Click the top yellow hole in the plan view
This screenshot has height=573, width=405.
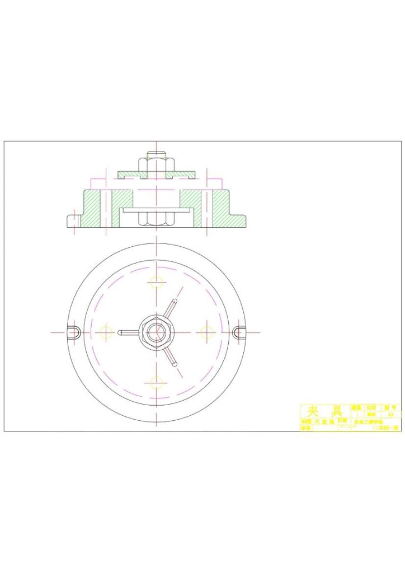157,281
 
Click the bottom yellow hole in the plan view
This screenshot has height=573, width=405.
157,383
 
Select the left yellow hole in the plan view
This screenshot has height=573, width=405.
105,332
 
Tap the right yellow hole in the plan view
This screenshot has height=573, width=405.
208,332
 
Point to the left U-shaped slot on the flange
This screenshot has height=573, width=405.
73,332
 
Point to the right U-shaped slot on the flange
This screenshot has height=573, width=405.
239,332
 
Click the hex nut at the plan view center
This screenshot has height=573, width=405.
157,332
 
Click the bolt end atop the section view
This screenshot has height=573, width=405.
157,154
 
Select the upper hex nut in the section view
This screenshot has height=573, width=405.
157,165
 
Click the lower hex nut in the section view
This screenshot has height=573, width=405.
157,219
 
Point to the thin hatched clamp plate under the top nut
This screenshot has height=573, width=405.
129,175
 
